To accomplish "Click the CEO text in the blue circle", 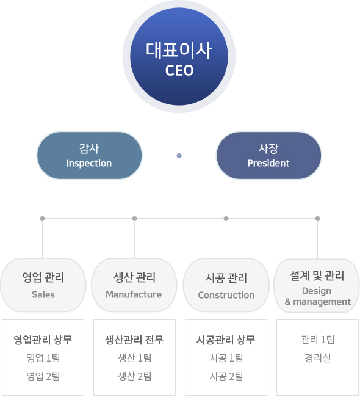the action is click(x=179, y=70).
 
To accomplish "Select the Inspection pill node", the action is click(x=89, y=156).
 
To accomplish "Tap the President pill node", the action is click(x=268, y=156).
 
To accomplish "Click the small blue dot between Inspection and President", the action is click(x=179, y=156).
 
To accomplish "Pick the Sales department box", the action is click(x=43, y=285).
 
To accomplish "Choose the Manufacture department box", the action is click(x=134, y=285).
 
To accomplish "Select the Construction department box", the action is click(x=226, y=285).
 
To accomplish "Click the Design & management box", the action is click(x=317, y=286).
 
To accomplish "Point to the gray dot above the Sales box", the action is click(x=43, y=219).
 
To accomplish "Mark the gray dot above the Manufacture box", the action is click(x=135, y=219).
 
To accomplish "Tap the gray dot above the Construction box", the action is click(x=226, y=219).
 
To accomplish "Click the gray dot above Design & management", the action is click(x=318, y=219).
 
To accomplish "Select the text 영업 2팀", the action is click(x=43, y=376).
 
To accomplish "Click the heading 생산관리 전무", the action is click(x=134, y=340).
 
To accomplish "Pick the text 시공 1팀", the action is click(x=226, y=358).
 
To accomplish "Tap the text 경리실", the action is click(x=318, y=358).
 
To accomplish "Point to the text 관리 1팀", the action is click(x=318, y=340).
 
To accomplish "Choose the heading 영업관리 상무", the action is click(x=43, y=340).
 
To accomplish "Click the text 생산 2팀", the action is click(x=135, y=376).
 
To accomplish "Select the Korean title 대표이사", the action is click(x=179, y=50).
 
